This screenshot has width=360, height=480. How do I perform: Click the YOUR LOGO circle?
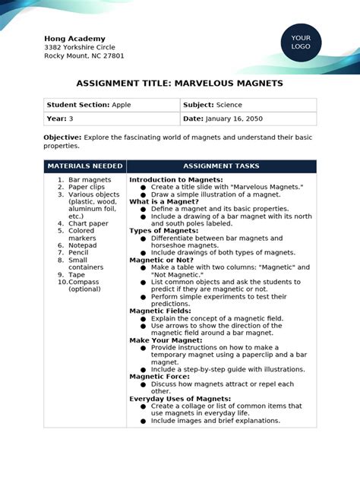(301, 42)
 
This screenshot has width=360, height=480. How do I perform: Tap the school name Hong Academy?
(74, 39)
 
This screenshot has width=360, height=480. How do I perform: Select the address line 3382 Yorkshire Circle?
(80, 47)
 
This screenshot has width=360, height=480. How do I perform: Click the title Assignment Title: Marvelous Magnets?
(180, 83)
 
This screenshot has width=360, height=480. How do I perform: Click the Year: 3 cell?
(60, 119)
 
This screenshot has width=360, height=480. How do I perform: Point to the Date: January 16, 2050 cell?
(221, 119)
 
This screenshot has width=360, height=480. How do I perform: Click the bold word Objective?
(62, 137)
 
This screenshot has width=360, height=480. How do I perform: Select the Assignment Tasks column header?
(221, 166)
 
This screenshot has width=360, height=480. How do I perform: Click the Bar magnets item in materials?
(90, 180)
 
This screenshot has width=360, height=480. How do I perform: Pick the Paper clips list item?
(87, 187)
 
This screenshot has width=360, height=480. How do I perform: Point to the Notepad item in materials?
(83, 245)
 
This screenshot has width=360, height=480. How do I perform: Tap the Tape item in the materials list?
(77, 275)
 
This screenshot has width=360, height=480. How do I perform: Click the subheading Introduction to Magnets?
(175, 180)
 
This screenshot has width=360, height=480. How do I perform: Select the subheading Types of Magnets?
(164, 231)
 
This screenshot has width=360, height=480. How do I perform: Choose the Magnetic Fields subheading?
(160, 311)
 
